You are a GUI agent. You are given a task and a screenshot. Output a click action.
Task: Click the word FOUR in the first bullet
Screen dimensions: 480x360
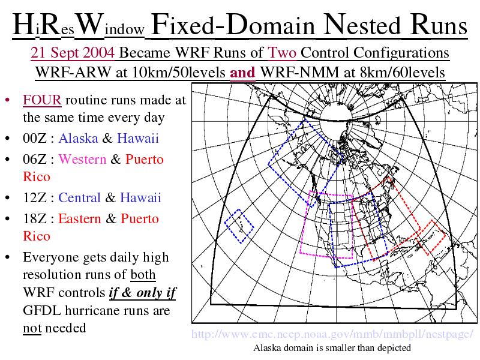pos(42,100)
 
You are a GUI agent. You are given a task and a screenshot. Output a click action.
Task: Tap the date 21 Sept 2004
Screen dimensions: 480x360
pos(73,53)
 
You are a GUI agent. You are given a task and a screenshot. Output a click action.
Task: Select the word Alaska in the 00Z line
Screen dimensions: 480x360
pos(79,138)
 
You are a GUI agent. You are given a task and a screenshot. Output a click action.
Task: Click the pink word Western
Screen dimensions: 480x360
pos(82,159)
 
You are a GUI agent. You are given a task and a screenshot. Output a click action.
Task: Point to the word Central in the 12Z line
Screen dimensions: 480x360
pos(79,197)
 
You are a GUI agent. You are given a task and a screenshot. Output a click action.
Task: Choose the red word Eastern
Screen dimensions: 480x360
pos(80,218)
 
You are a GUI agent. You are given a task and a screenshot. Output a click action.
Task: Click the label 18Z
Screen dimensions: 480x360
pos(35,218)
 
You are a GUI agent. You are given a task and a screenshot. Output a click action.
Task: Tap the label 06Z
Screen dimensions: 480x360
pos(35,159)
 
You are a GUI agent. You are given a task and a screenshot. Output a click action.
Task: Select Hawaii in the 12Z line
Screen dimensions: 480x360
pos(140,197)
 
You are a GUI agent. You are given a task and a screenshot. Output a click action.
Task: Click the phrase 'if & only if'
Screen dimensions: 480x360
pos(143,293)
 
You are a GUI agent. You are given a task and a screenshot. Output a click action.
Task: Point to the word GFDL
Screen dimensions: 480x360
pos(42,310)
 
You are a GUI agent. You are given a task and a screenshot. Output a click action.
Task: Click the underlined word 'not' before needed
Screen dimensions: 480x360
pos(32,328)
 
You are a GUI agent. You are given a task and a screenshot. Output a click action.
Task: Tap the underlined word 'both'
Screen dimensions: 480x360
pos(143,275)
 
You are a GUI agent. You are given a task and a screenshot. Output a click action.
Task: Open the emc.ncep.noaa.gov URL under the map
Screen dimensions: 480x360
pos(332,334)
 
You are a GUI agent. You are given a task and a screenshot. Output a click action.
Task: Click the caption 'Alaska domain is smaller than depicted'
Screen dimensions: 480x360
pos(332,348)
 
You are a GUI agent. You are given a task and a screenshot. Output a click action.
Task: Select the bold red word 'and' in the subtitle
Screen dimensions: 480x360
pos(242,73)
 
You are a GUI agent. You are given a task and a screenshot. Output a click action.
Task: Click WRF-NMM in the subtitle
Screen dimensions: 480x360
pos(299,73)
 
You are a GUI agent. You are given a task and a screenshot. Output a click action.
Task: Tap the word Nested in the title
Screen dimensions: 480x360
pos(362,25)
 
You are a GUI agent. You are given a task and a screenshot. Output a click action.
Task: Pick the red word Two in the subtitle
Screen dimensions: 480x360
pos(282,53)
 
